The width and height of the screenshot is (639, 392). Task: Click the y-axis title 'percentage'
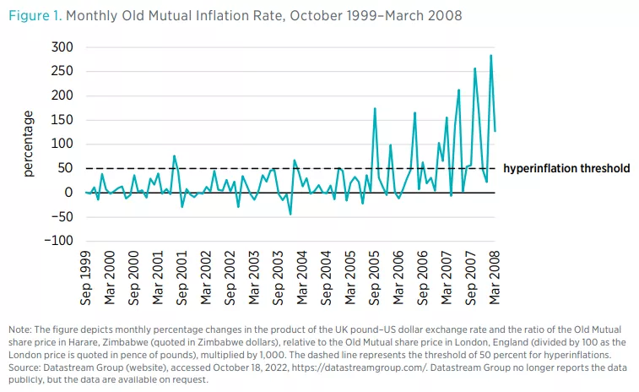pos(28,144)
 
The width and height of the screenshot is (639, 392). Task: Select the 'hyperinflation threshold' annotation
pos(566,169)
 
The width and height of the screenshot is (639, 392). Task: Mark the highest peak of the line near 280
pos(491,56)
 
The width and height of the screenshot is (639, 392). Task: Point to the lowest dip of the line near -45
pos(290,214)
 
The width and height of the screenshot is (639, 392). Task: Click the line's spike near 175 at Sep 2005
pos(375,109)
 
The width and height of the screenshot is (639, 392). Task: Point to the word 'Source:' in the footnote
pos(26,368)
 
